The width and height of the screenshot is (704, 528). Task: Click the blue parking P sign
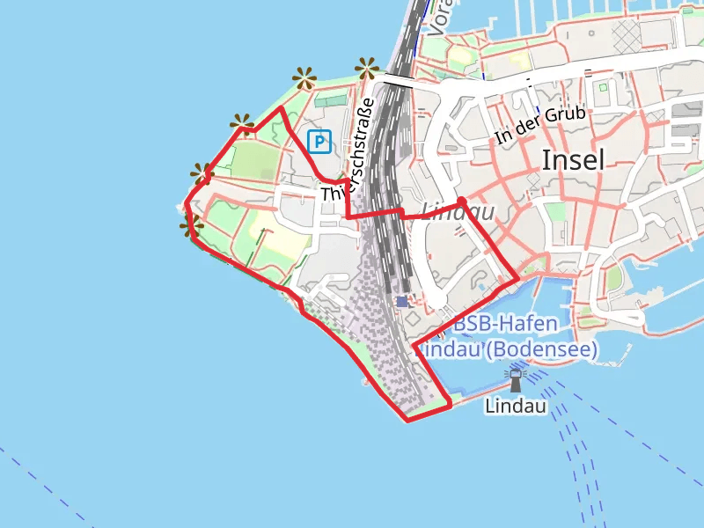pos(319,141)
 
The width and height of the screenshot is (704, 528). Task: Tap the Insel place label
pos(573,159)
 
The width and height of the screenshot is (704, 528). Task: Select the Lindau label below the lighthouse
pos(516,407)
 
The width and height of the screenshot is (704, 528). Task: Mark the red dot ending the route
pos(461,202)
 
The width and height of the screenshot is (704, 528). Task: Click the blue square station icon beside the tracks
pos(402,301)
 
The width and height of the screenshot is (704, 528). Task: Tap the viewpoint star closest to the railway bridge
pos(367,67)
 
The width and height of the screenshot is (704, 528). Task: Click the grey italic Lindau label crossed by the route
pos(458,212)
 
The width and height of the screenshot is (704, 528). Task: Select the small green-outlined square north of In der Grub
pos(603,87)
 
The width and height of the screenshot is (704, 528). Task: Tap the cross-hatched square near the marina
pos(627,35)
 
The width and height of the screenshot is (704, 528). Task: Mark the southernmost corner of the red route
pos(407,420)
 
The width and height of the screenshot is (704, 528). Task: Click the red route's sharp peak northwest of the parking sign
pos(281,108)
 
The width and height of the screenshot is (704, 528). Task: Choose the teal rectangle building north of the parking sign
pos(330,102)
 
